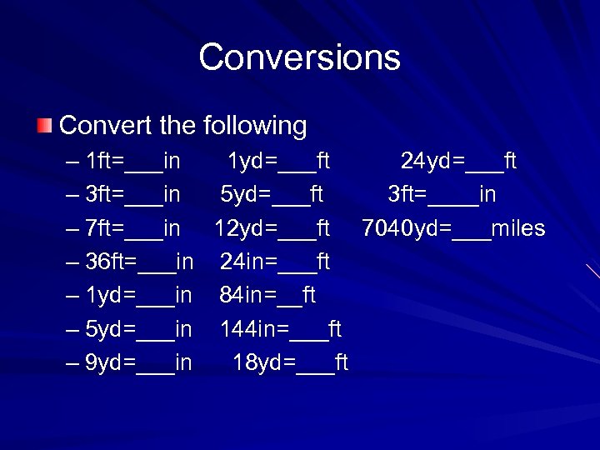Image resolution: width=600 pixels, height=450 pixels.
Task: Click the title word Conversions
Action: [x=300, y=57]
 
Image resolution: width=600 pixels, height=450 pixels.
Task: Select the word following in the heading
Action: [x=254, y=126]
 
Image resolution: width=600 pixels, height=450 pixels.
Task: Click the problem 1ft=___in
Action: [x=133, y=161]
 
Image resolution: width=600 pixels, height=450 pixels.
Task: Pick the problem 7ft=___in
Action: [x=133, y=227]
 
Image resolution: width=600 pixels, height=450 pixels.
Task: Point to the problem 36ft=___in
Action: [x=140, y=262]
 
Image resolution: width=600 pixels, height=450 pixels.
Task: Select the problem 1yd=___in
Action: [x=139, y=295]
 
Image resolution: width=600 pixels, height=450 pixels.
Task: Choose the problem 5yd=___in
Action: [x=139, y=329]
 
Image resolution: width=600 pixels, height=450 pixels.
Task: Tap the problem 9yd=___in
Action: [x=139, y=362]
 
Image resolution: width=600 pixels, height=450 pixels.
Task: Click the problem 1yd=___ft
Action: [x=278, y=161]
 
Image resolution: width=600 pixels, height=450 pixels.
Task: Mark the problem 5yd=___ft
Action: [x=272, y=194]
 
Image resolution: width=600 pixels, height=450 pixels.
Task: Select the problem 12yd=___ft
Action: [x=272, y=227]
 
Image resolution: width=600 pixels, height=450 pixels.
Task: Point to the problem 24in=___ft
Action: [x=275, y=262]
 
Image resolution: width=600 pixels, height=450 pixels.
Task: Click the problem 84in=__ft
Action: [x=268, y=295]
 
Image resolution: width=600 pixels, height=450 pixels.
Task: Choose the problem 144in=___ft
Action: [x=281, y=329]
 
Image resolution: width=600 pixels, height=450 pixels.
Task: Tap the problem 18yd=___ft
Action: [x=290, y=362]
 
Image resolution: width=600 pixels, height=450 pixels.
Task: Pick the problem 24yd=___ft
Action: [x=458, y=161]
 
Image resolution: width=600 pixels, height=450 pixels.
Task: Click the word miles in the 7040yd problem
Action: [x=518, y=227]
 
